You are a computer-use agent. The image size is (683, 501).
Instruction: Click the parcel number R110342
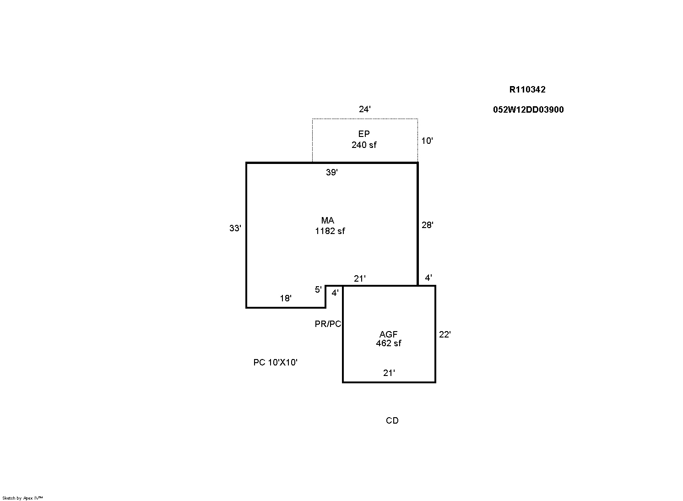527,89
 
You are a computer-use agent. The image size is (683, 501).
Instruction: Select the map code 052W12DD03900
528,109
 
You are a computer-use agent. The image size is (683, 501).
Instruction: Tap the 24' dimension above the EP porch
365,109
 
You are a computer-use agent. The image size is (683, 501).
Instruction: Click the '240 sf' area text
364,145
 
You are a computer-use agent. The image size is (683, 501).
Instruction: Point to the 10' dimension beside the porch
427,141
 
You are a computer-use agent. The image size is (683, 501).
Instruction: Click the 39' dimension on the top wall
332,172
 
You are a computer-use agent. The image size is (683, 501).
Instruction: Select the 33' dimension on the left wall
235,228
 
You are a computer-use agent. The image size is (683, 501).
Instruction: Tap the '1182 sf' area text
330,231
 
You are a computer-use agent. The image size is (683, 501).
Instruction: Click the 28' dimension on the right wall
428,225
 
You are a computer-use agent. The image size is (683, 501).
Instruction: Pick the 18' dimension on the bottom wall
286,298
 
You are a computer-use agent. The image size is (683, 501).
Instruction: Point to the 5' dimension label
318,289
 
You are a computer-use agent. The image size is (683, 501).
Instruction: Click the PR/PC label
328,324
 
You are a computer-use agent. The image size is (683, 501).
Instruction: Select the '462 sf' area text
389,343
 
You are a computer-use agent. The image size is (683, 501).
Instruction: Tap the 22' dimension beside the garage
445,334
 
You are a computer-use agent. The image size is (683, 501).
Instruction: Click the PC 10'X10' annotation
275,362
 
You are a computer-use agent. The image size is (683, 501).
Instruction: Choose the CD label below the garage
392,420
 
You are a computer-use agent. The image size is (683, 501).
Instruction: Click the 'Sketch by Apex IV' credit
22,498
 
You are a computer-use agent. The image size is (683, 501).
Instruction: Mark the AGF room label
389,334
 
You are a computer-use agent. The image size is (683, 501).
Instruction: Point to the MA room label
327,220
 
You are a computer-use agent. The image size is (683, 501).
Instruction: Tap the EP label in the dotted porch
364,134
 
